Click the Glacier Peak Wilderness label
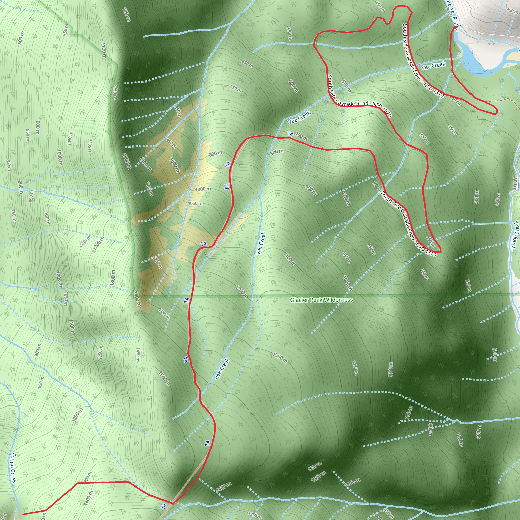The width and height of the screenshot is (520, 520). point(321,300)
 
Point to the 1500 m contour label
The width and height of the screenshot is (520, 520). point(164,378)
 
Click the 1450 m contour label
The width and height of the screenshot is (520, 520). point(138,355)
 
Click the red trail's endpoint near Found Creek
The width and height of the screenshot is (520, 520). point(23,514)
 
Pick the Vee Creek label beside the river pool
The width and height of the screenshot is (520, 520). point(433,66)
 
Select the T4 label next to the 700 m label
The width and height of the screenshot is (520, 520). point(290,134)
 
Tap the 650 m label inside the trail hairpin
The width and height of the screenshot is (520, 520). point(430,242)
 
